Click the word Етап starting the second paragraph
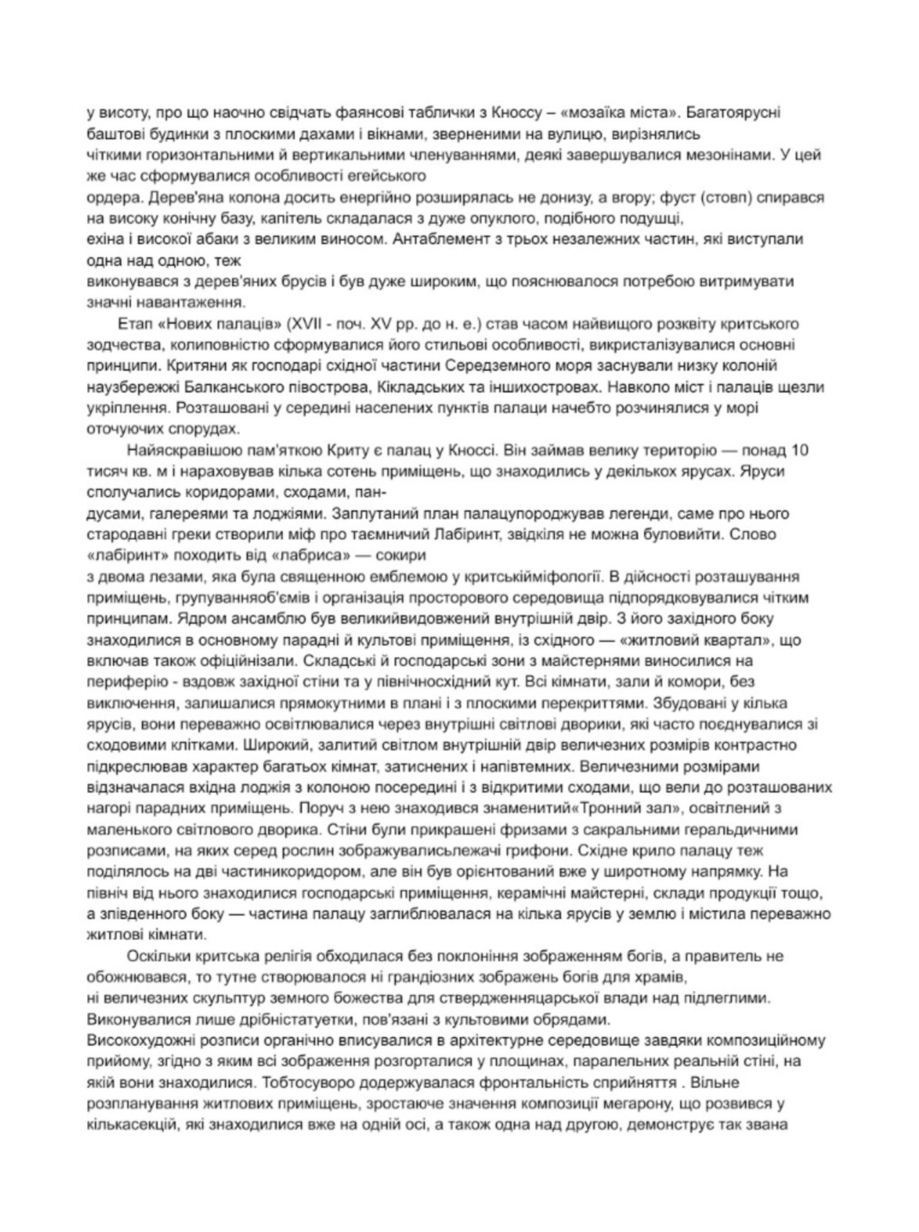(x=135, y=324)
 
